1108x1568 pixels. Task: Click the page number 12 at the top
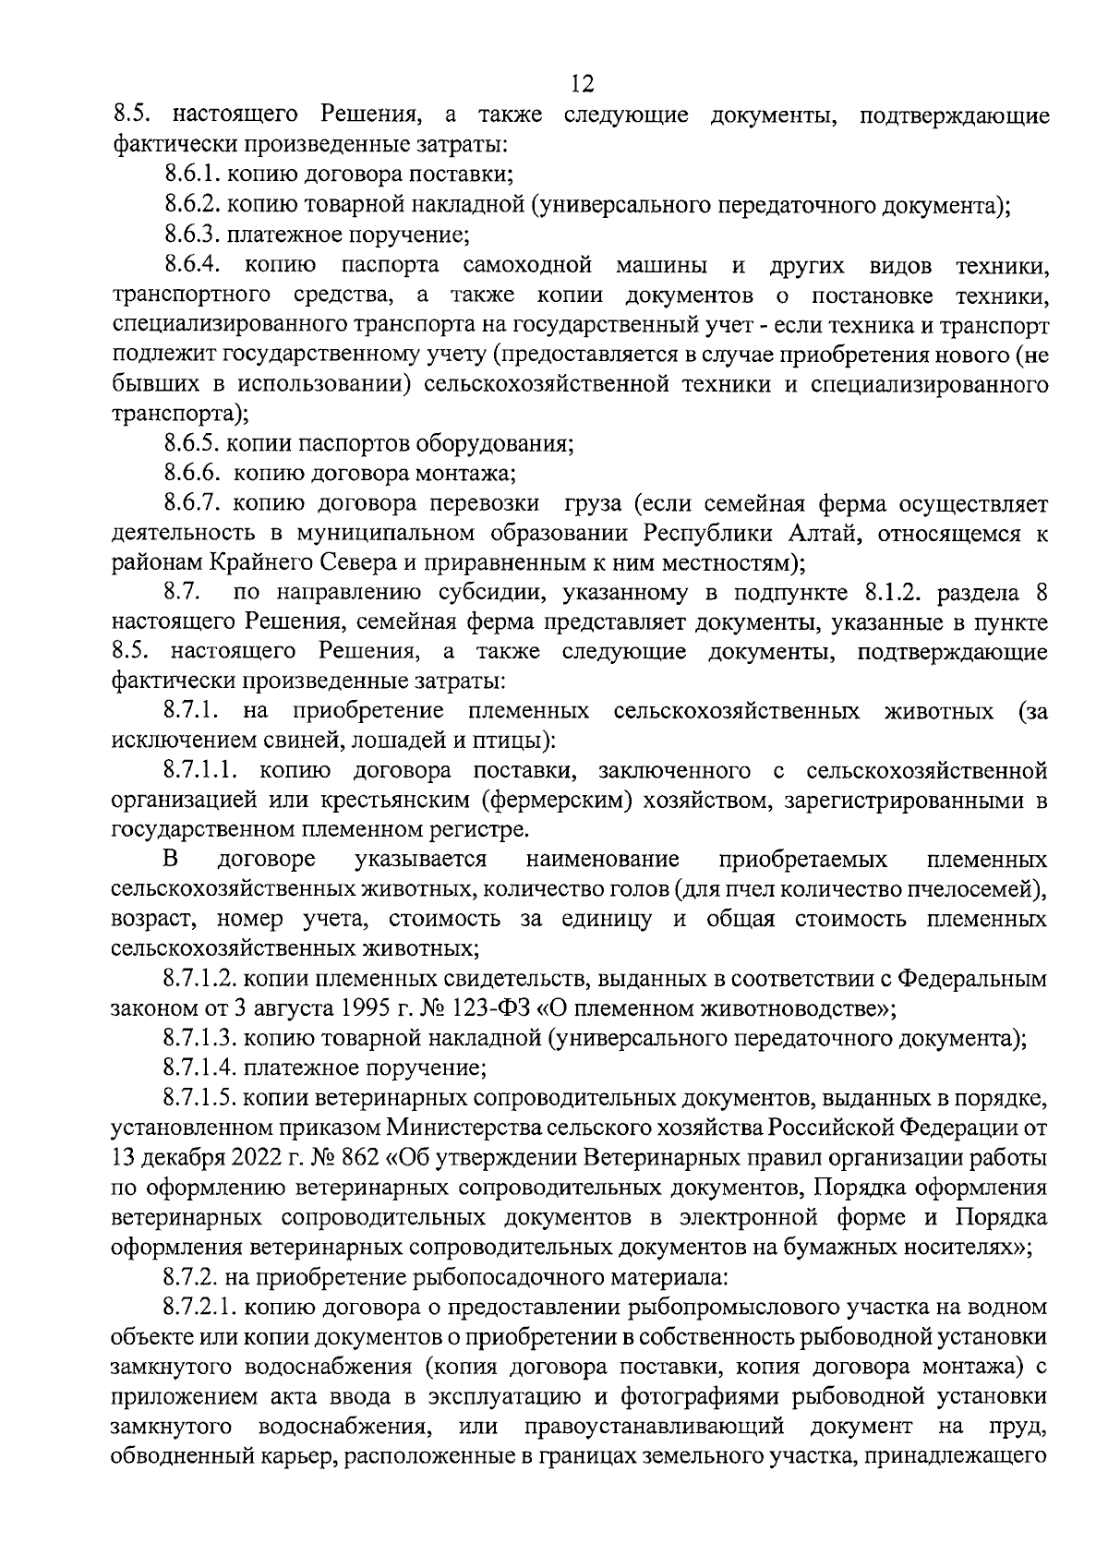click(x=583, y=85)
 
